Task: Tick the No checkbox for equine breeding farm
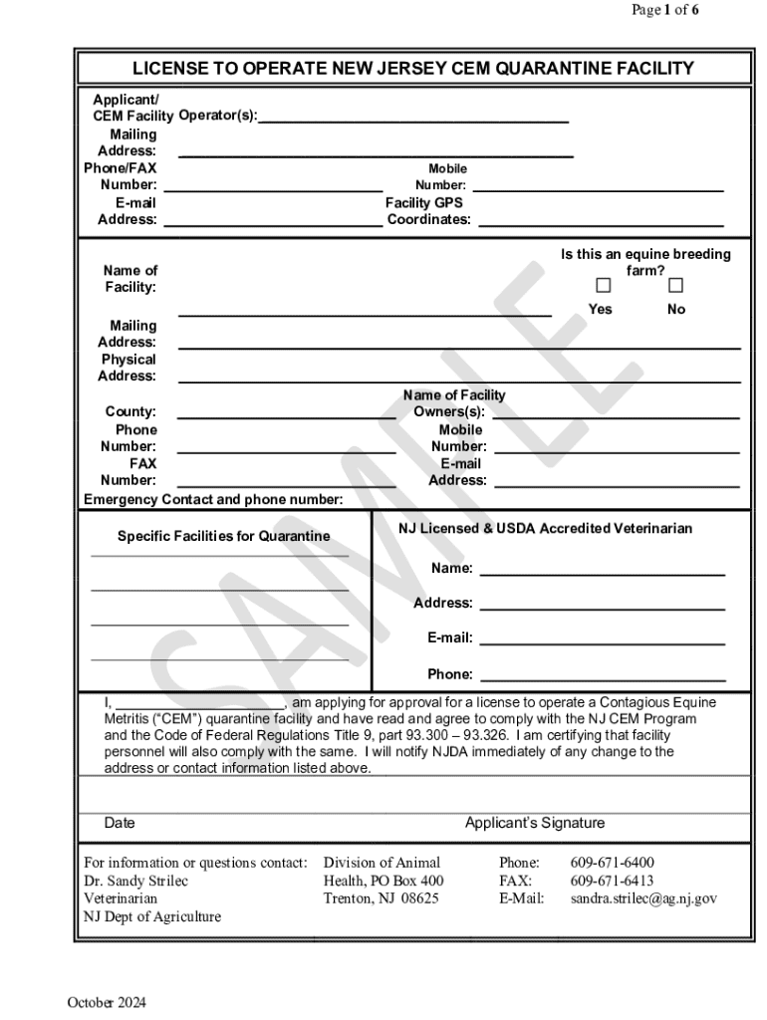675,287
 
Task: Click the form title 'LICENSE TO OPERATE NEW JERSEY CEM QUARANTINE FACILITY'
413,68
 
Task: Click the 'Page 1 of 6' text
665,10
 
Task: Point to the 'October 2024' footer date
107,1002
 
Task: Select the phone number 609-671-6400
612,863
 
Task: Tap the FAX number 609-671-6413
612,881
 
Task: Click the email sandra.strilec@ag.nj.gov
643,898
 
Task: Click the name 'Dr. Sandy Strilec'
135,881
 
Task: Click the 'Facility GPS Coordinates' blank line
601,221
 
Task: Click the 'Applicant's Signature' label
534,823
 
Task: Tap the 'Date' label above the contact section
120,823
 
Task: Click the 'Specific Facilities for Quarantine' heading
223,536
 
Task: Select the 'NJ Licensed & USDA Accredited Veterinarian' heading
545,528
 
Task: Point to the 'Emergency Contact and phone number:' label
213,499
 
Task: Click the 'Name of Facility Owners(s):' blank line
616,412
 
